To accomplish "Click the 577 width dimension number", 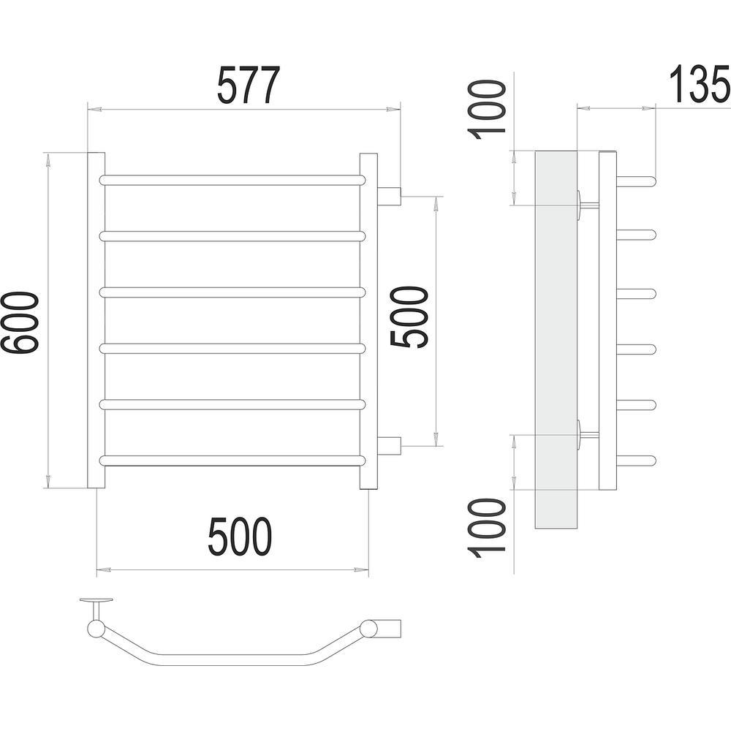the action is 249,86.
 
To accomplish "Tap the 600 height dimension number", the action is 20,322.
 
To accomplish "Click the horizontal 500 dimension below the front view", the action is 239,537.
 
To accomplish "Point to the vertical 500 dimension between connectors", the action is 409,317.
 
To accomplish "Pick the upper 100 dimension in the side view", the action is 486,110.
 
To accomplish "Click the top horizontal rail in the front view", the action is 232,181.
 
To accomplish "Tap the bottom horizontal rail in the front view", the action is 232,461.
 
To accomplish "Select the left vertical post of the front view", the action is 96,320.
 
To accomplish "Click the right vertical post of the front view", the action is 368,321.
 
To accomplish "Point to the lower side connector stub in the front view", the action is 390,445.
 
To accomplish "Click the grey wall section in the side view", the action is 556,339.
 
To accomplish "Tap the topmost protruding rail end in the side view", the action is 637,181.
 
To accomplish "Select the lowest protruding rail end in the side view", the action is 637,461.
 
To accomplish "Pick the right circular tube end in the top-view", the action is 368,629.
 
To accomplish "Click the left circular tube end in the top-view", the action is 96,629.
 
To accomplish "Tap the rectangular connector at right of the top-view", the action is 389,628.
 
